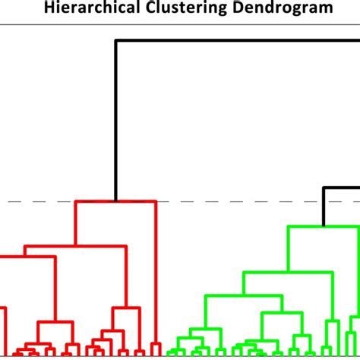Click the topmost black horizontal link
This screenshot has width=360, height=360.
pos(235,40)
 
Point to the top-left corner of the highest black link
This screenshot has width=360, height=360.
pos(115,40)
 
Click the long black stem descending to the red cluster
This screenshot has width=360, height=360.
pos(115,122)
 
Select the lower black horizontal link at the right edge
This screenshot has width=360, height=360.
pos(342,188)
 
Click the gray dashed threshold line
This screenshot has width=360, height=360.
pos(228,201)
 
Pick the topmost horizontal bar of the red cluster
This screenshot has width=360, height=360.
pos(114,202)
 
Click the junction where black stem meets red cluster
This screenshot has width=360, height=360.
pos(115,202)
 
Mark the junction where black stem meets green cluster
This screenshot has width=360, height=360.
pos(324,226)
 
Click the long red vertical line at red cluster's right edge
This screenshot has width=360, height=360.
pos(156,273)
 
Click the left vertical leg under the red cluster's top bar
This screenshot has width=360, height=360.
pos(75,224)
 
